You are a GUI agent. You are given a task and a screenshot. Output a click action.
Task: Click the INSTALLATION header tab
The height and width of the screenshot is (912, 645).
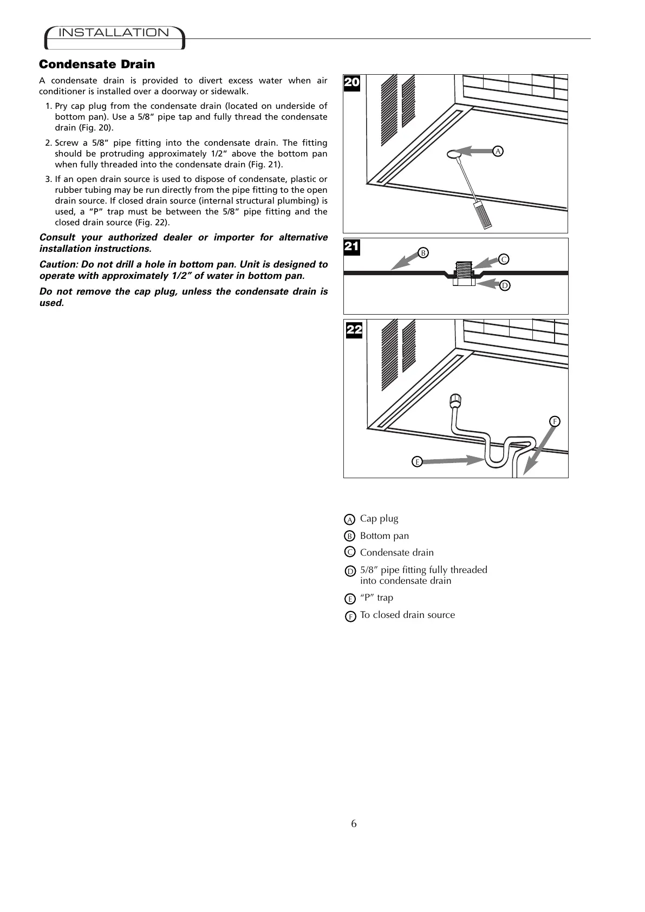click(114, 33)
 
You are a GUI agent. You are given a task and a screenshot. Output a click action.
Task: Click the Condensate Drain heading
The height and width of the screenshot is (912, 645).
click(97, 64)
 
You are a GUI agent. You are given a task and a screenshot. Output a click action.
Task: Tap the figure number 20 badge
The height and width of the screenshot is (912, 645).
click(352, 83)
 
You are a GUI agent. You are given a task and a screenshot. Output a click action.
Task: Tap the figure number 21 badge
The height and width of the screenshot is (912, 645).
click(352, 247)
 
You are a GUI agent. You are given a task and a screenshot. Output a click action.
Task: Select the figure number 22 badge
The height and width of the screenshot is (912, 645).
click(354, 330)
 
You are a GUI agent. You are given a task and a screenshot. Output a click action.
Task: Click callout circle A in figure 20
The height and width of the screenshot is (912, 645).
click(498, 152)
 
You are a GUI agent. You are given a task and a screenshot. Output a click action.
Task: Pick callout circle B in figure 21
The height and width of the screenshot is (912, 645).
click(424, 252)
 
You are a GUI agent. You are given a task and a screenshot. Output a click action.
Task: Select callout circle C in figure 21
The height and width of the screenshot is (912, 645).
click(504, 259)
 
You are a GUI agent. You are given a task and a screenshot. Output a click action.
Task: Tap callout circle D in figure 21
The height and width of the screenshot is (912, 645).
click(504, 285)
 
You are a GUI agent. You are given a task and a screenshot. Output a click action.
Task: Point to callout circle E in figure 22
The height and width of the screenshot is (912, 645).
click(416, 461)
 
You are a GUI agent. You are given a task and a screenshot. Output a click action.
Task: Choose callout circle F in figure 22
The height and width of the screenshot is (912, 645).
click(555, 421)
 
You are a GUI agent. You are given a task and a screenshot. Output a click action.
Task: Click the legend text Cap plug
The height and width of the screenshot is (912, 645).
click(379, 519)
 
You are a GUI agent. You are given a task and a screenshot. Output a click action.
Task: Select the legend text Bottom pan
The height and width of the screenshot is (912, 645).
click(385, 536)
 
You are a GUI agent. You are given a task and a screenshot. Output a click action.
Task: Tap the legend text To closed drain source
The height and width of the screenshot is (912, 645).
click(407, 615)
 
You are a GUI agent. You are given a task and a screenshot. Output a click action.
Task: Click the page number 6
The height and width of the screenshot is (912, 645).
click(354, 824)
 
